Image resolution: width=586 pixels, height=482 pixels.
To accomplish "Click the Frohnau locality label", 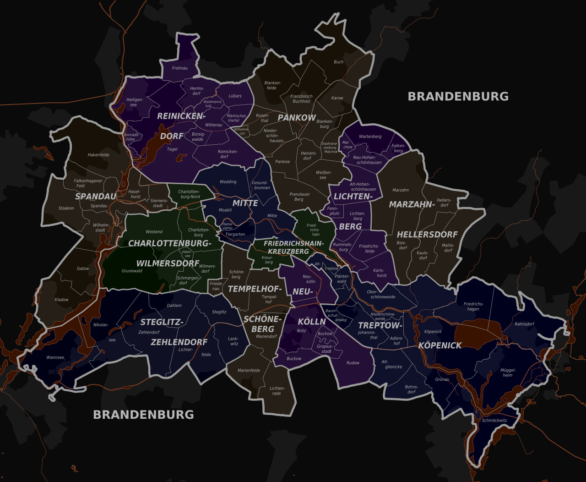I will coord(180,68).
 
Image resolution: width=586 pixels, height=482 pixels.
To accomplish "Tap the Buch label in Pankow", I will coord(338,62).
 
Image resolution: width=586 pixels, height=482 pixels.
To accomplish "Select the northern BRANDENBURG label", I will coord(458,96).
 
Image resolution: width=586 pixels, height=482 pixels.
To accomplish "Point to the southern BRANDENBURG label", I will coord(143,415).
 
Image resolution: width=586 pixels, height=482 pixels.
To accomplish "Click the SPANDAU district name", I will coord(96,197).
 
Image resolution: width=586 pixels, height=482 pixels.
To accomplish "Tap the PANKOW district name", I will coord(297,118).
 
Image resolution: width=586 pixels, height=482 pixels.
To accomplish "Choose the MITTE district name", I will coord(245,203).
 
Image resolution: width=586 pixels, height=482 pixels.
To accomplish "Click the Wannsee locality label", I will coord(55,357).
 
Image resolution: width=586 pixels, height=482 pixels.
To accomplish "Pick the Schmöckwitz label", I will coord(494,420).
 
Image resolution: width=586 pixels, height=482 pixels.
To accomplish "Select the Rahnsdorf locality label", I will coord(524,324).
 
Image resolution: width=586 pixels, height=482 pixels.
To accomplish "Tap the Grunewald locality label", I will coord(132,271).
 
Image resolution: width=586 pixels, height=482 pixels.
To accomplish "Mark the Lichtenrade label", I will coord(277,390).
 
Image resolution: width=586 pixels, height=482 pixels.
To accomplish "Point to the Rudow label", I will coord(353,363).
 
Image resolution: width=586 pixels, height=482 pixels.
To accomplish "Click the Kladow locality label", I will coord(61,300).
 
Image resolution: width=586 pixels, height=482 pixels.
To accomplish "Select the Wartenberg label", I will coord(370,137).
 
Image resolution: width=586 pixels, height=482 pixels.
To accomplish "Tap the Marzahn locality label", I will coord(401,190).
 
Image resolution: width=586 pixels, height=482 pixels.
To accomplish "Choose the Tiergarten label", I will coord(235,234).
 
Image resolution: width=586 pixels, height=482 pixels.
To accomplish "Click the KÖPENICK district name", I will coord(440,345).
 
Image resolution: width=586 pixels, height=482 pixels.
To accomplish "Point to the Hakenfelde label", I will coord(98,155).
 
